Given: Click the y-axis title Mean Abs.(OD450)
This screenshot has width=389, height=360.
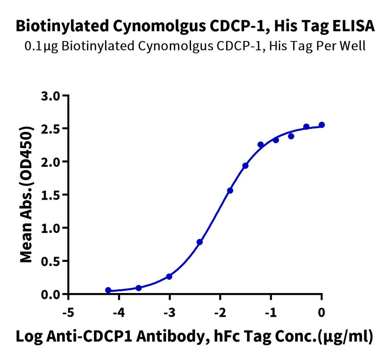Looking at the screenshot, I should pyautogui.click(x=27, y=194).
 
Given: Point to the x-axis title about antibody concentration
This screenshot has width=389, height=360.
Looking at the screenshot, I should pyautogui.click(x=194, y=337).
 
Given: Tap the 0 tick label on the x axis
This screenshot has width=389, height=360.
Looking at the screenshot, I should pyautogui.click(x=322, y=312).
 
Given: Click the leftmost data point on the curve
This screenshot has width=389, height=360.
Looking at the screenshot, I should pyautogui.click(x=108, y=290).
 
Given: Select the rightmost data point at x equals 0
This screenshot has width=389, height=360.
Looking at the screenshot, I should pyautogui.click(x=322, y=125).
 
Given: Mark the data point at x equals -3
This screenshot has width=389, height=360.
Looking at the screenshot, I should pyautogui.click(x=169, y=277).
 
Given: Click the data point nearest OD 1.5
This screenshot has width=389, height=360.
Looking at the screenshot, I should pyautogui.click(x=230, y=191).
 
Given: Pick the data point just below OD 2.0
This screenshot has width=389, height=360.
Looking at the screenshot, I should pyautogui.click(x=246, y=166).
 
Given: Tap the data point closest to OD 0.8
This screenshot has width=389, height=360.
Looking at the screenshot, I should pyautogui.click(x=199, y=242).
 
